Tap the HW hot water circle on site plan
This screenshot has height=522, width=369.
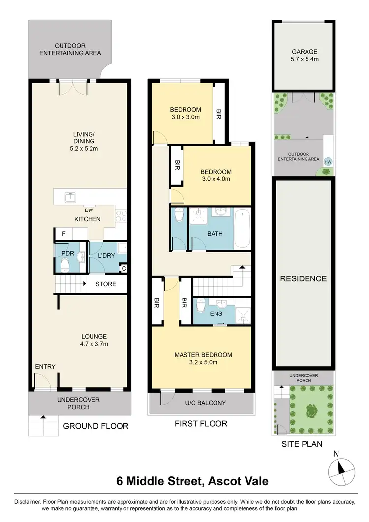point(328,160)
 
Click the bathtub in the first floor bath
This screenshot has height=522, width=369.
point(243,228)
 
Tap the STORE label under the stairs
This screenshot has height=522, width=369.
point(106,284)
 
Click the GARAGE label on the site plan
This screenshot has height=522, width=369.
point(304,51)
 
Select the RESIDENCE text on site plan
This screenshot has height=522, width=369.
point(303,278)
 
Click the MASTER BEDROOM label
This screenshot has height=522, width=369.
point(203,355)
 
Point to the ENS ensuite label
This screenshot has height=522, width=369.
point(215,313)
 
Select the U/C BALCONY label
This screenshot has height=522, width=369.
point(205,403)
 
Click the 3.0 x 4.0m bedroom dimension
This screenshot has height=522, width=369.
point(215,179)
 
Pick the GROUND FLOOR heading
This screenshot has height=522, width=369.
point(96,426)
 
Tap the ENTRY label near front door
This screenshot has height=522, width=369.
point(45,366)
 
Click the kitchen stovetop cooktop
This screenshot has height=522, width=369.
point(121,216)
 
